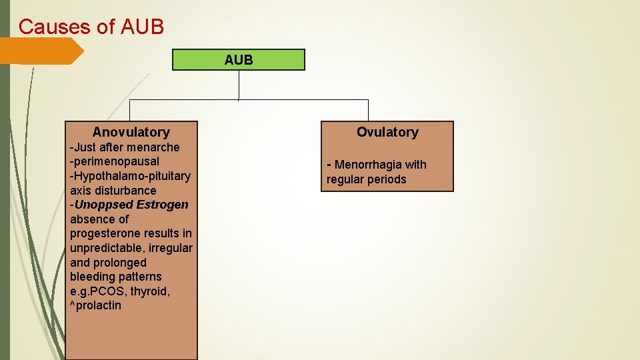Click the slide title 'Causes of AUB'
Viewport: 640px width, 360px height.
pyautogui.click(x=91, y=27)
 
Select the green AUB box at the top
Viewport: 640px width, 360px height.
pyautogui.click(x=239, y=60)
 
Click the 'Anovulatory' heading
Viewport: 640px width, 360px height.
pyautogui.click(x=131, y=132)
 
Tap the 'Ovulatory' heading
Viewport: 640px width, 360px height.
pyautogui.click(x=387, y=132)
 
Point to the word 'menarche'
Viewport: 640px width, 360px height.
pyautogui.click(x=156, y=147)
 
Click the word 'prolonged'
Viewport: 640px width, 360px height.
pyautogui.click(x=121, y=262)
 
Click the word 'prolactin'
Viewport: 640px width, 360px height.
pyautogui.click(x=99, y=305)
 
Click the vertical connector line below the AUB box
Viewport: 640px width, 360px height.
pyautogui.click(x=239, y=85)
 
